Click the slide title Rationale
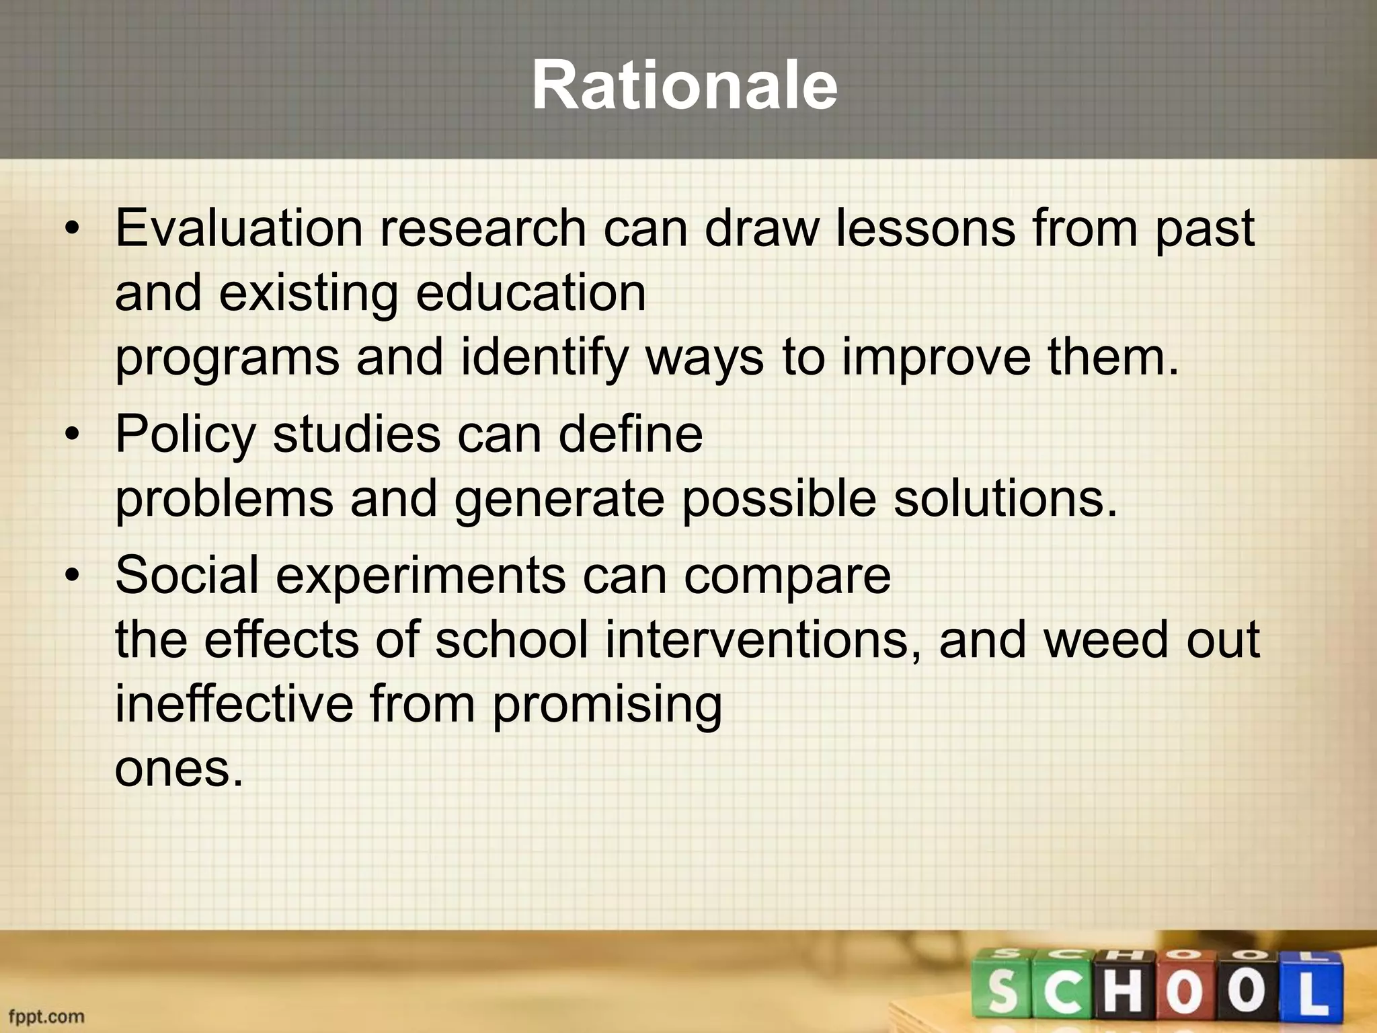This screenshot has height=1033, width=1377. [684, 86]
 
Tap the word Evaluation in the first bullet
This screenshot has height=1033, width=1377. [239, 229]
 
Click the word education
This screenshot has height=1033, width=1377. [530, 293]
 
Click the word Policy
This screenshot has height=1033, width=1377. [186, 434]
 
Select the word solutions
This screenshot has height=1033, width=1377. [1005, 499]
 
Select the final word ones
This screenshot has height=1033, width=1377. [178, 769]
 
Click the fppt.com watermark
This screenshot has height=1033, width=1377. [46, 1016]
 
